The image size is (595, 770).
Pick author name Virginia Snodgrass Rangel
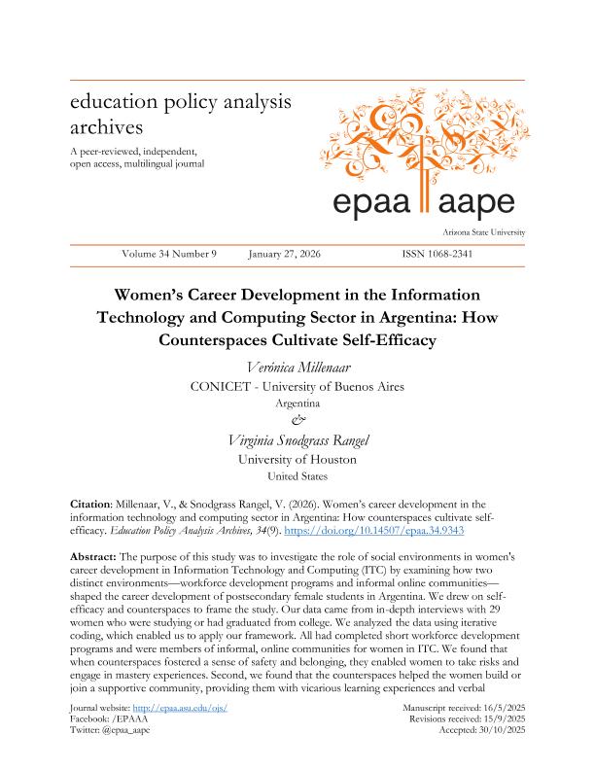[297, 438]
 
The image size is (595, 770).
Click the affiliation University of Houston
[297, 459]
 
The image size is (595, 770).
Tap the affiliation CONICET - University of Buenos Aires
[297, 386]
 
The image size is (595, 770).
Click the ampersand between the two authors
[297, 420]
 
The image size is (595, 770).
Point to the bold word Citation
[95, 505]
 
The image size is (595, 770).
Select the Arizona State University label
[483, 232]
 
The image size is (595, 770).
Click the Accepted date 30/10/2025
[500, 756]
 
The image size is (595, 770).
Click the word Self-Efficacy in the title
[382, 340]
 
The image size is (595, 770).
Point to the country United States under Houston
[297, 476]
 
